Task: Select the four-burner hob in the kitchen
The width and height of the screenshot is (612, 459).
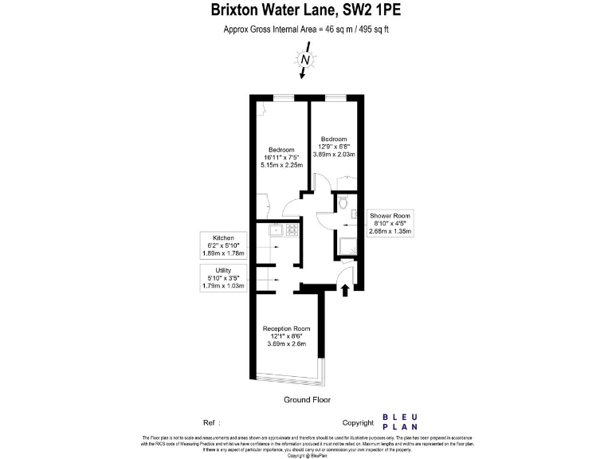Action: (x=292, y=231)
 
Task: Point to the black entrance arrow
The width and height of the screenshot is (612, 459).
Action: (x=345, y=290)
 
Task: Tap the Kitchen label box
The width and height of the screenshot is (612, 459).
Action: (x=224, y=245)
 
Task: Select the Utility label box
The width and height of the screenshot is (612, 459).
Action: (x=224, y=277)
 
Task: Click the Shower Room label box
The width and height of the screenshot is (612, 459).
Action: (x=390, y=224)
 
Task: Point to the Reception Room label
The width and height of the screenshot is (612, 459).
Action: (x=287, y=328)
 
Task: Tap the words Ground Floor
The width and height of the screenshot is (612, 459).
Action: (x=307, y=400)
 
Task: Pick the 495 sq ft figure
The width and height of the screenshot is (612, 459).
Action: (x=374, y=29)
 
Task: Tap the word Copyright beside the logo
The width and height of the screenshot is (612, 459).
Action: (x=358, y=423)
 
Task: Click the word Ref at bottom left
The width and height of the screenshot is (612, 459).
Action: (x=211, y=423)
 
